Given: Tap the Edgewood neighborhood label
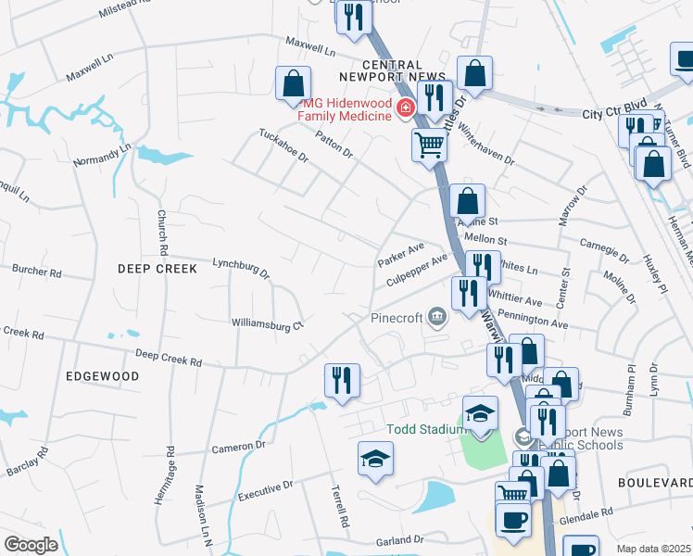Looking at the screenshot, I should click(103, 376).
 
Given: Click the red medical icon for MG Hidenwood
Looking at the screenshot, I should click(404, 109).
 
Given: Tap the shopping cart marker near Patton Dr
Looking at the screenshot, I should click(429, 145).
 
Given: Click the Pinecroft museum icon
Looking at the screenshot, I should click(436, 319).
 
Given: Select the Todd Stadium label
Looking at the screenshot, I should click(425, 429).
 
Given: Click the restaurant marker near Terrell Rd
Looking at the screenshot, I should click(342, 380).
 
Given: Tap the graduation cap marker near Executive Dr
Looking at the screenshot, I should click(375, 459).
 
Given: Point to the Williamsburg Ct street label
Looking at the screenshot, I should click(267, 324).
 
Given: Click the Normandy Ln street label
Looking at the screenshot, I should click(103, 152).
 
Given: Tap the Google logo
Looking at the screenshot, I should click(31, 545).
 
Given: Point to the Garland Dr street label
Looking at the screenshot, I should click(399, 538).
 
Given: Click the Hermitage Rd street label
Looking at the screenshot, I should click(170, 470).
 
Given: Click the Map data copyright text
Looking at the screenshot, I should click(654, 549).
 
